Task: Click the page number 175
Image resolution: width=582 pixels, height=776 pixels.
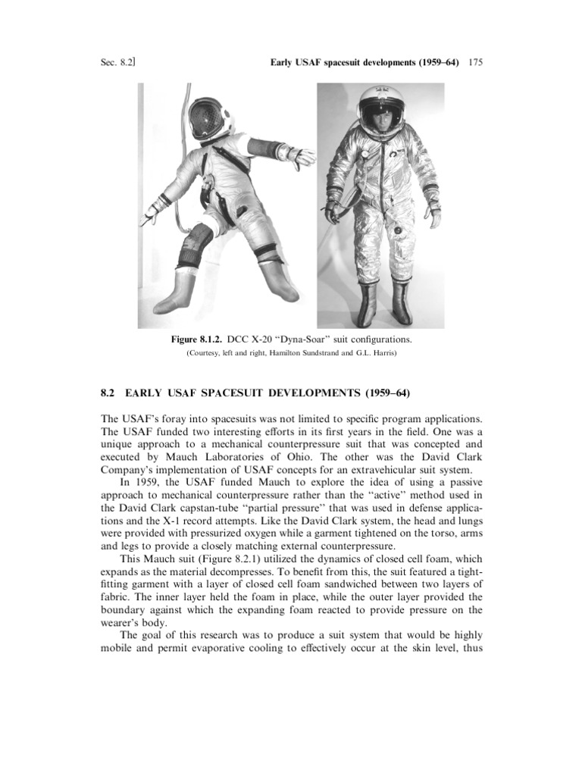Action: tap(476, 62)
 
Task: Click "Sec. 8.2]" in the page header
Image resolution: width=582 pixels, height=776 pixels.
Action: tap(117, 62)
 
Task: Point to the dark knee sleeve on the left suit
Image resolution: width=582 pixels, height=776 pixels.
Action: tap(195, 246)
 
